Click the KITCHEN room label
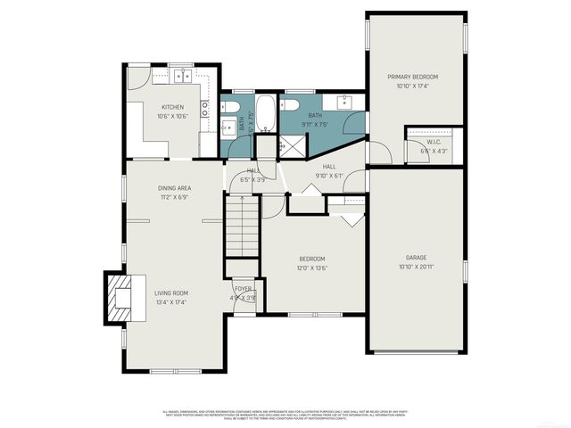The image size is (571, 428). [x=173, y=107]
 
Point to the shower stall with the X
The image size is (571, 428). [x=290, y=145]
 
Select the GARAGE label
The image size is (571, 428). [x=417, y=257]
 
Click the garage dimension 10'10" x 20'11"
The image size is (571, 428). [x=417, y=266]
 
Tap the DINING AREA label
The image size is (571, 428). [x=174, y=188]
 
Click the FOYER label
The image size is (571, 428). [x=244, y=290]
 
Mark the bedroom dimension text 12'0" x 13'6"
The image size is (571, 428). [x=311, y=267]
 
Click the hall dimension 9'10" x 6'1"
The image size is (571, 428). [x=329, y=176]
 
